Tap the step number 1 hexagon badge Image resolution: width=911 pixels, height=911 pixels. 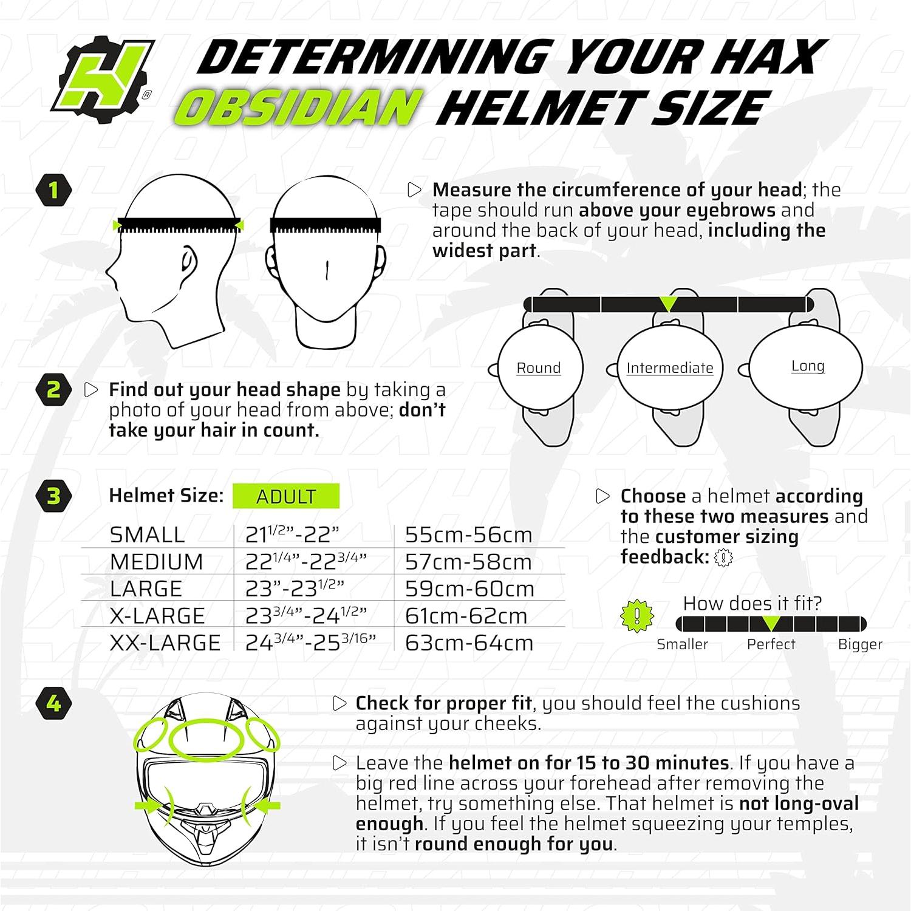(53, 190)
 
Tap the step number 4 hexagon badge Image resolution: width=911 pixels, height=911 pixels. (53, 703)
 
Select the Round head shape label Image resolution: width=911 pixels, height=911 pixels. (538, 368)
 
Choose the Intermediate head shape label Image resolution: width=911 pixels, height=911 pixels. (669, 368)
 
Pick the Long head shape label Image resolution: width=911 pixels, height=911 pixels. (808, 366)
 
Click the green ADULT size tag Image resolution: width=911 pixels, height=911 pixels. (286, 496)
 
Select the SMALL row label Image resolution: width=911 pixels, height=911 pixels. (148, 535)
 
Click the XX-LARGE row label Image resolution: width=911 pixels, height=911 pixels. (165, 643)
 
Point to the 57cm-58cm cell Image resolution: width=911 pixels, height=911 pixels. (468, 562)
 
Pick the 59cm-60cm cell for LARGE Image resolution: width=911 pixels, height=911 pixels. (469, 589)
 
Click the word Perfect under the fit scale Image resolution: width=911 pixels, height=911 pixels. (771, 644)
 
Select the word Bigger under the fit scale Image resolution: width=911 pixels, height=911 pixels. (860, 644)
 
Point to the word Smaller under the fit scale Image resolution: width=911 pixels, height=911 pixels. (682, 644)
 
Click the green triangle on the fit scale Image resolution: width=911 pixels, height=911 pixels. (771, 623)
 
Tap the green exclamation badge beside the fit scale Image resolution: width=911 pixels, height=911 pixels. (636, 616)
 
